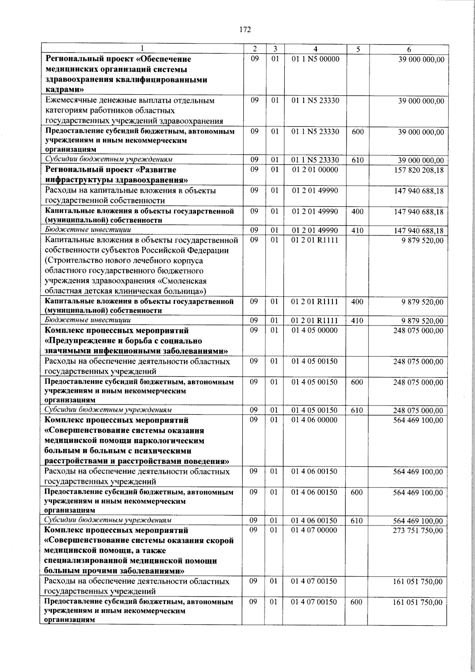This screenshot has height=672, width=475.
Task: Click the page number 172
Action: point(245,29)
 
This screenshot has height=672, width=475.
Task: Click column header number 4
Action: point(315,49)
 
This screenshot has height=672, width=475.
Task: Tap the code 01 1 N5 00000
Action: point(315,59)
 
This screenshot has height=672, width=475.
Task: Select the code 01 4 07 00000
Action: point(315,530)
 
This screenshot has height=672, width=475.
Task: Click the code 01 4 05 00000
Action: point(315,330)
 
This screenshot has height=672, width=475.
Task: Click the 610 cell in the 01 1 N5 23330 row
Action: point(357,160)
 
